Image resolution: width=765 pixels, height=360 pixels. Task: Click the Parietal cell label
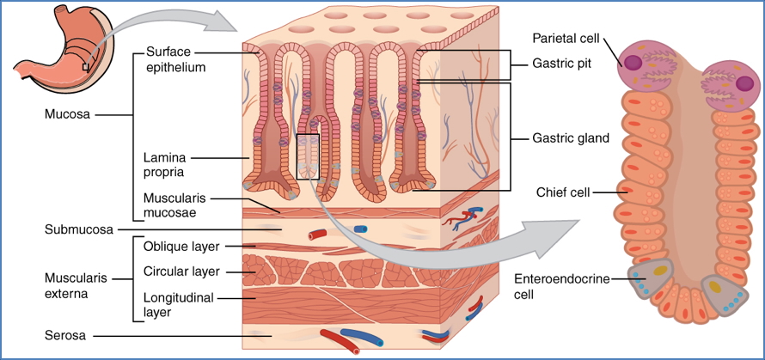[566, 39]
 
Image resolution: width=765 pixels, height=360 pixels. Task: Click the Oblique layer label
[181, 247]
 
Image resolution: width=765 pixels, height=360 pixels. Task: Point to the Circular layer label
[182, 272]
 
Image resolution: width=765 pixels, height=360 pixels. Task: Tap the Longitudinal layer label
[180, 305]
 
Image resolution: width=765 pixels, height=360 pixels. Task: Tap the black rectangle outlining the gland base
[308, 156]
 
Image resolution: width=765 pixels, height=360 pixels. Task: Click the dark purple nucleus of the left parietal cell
[633, 63]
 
